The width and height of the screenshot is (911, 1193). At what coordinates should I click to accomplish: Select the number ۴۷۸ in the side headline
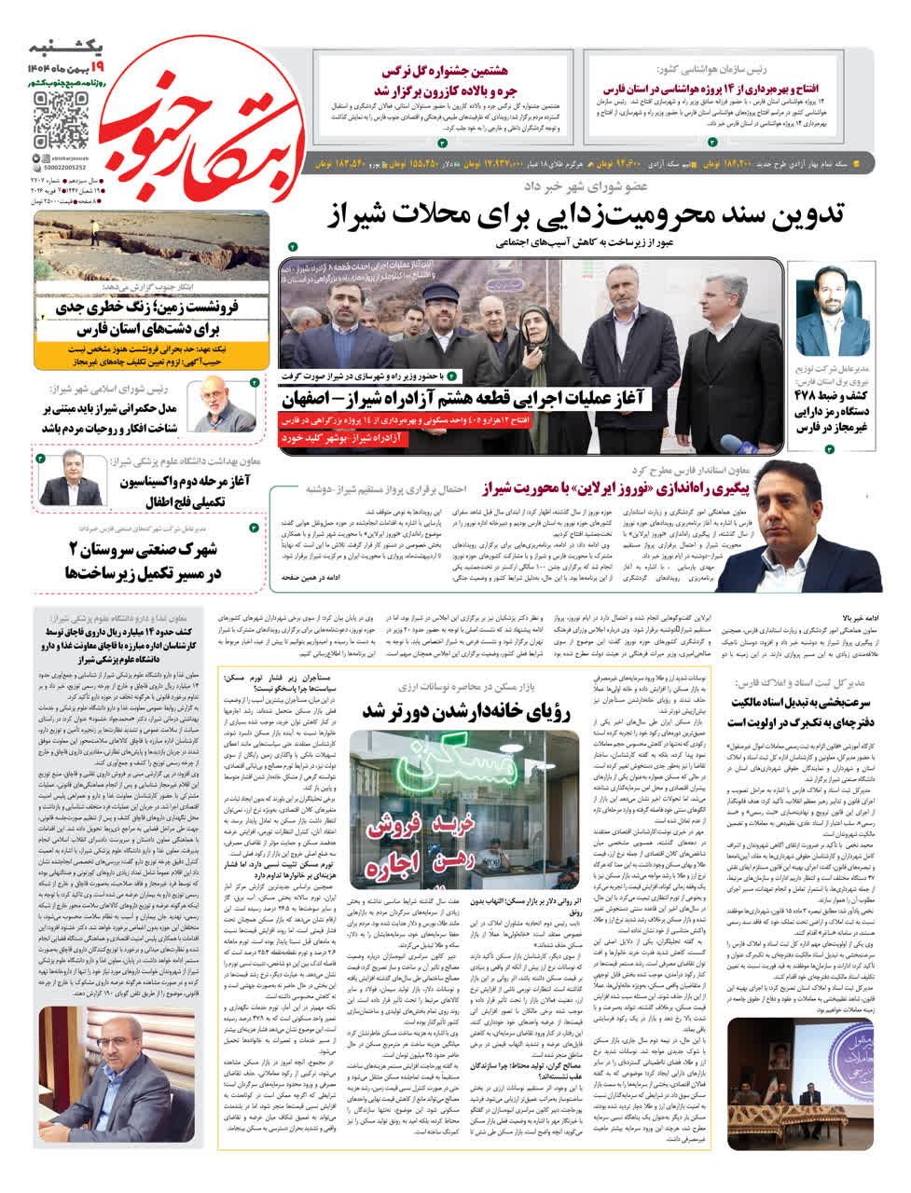(x=810, y=392)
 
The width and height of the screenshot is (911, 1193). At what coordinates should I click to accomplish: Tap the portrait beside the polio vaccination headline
(x=68, y=477)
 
